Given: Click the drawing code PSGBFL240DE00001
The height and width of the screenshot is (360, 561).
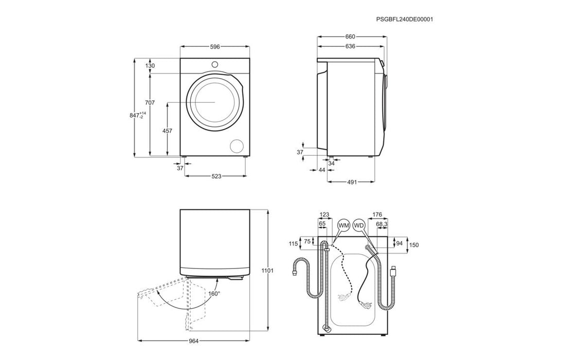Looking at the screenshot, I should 404,19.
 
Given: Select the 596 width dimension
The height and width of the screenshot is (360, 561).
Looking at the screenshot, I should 215,47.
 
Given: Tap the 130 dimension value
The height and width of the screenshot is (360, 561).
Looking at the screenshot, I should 150,66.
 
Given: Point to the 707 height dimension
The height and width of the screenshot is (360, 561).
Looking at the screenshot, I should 150,103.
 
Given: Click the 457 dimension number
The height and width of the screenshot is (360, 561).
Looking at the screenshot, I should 167,131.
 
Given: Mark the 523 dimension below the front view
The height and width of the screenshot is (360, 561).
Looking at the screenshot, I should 216,176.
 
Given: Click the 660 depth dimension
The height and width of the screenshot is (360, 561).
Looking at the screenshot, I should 350,37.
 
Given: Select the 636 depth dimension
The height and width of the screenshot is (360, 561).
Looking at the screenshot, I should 350,46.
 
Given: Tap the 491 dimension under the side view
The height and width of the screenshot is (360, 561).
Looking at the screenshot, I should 352,182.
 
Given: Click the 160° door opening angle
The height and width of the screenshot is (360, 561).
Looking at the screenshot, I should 213,294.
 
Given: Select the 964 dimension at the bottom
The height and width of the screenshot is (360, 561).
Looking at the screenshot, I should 193,341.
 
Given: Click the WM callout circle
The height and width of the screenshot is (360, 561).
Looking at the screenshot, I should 343,225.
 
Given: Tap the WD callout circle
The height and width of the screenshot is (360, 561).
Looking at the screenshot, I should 359,225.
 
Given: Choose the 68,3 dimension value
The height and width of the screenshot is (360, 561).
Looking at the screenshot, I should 381,224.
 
